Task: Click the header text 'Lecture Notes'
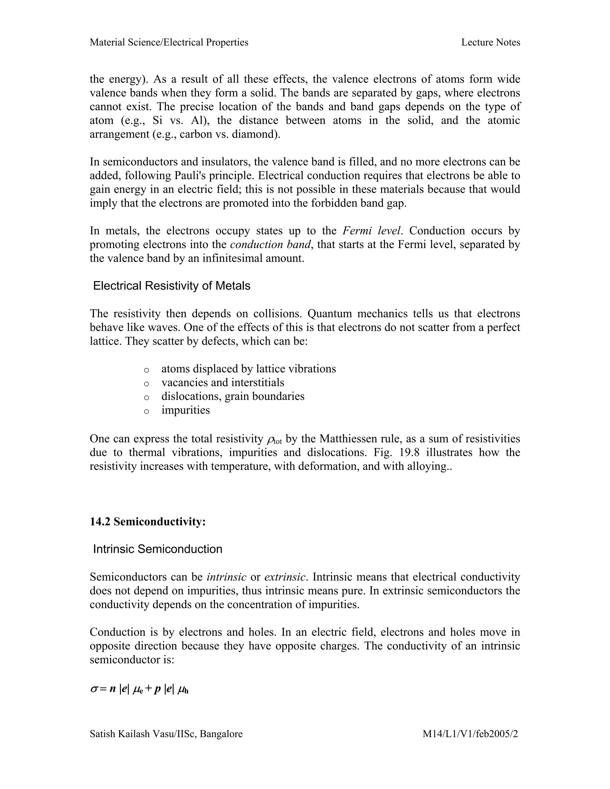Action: [x=490, y=42]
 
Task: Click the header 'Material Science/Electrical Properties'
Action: [x=169, y=42]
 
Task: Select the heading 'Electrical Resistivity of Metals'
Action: [x=172, y=286]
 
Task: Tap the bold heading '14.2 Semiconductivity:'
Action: [x=147, y=522]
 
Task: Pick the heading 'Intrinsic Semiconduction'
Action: [x=158, y=549]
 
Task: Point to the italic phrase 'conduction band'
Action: [x=270, y=244]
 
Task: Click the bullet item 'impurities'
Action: [x=185, y=410]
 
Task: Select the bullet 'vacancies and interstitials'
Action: [x=222, y=383]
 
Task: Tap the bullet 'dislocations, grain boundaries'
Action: [x=233, y=396]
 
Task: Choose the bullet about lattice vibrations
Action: [x=249, y=369]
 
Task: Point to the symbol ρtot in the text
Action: [x=274, y=440]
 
